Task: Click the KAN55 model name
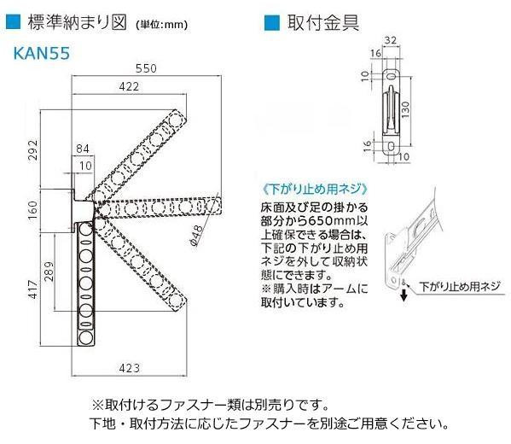[42, 53]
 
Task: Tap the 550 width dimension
[147, 68]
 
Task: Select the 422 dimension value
[129, 86]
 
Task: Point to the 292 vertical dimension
[32, 150]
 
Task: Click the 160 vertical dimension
[32, 210]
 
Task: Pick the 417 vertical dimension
[33, 289]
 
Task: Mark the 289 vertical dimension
[49, 272]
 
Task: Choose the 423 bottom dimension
[130, 368]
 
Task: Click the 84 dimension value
[83, 149]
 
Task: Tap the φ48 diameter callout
[196, 236]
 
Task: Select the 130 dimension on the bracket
[405, 109]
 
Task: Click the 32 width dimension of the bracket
[391, 40]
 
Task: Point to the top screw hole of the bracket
[391, 77]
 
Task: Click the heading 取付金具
[323, 23]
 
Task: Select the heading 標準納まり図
[77, 23]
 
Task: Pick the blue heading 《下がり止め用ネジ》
[315, 189]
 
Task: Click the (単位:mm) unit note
[161, 25]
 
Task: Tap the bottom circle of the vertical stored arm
[85, 337]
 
